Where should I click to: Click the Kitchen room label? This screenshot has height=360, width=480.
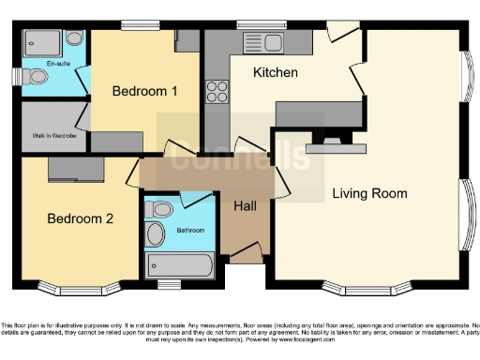click(276, 72)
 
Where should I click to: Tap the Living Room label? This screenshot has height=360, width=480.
click(369, 194)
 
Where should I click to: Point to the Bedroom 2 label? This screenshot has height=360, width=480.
click(81, 218)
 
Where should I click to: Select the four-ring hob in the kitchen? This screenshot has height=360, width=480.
click(217, 92)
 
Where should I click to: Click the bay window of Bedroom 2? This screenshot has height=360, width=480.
click(79, 285)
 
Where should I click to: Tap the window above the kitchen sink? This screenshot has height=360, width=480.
click(254, 24)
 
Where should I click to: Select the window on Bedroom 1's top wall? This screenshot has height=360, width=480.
click(140, 24)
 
